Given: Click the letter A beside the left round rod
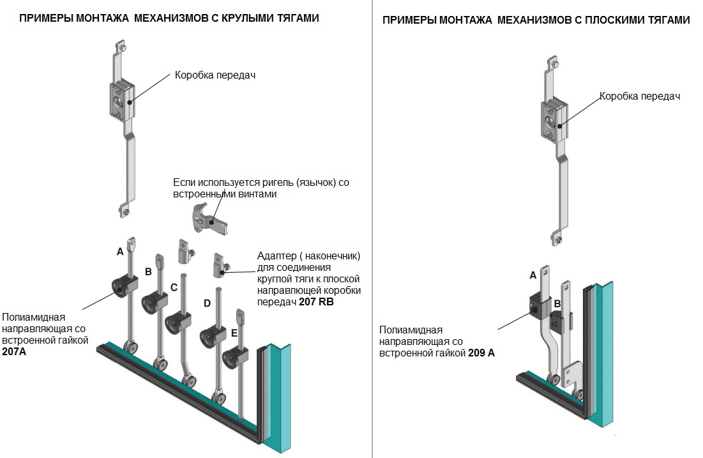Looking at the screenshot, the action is click(x=119, y=252).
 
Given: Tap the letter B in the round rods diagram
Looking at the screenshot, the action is click(x=148, y=272).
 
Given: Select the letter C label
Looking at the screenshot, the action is click(x=174, y=287).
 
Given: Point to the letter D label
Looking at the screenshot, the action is click(x=207, y=303).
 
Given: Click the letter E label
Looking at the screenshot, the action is click(x=234, y=333).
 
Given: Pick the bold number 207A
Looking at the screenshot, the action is click(x=14, y=352).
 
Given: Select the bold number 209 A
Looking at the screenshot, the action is click(x=481, y=353).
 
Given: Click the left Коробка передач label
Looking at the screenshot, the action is click(x=215, y=75).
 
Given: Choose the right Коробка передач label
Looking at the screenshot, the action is click(x=640, y=96).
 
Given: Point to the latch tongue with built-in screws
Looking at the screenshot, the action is click(x=210, y=219).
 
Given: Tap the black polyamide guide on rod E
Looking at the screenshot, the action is click(x=235, y=358).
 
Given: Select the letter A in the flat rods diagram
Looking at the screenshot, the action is click(x=533, y=275).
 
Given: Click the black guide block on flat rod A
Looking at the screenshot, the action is click(x=540, y=307).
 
